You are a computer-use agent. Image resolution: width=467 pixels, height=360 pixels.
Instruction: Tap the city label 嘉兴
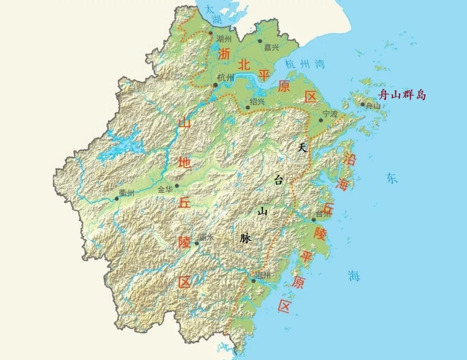tap(271, 47)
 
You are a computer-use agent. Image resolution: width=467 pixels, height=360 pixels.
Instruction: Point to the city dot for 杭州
tap(215, 85)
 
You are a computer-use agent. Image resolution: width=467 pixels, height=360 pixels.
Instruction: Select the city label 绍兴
tap(257, 101)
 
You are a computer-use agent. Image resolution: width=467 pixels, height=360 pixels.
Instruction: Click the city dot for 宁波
tap(321, 120)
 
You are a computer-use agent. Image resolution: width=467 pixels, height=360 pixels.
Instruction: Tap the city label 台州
tap(323, 214)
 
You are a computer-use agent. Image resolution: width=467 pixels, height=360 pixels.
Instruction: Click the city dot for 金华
tap(177, 185)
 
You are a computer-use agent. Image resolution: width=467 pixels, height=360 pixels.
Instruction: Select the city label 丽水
tap(206, 238)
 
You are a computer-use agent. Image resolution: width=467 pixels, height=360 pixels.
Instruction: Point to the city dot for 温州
tap(253, 281)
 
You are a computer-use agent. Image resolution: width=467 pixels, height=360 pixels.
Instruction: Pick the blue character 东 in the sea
tap(391, 178)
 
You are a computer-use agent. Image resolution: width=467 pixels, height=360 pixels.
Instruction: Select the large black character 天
tap(302, 148)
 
